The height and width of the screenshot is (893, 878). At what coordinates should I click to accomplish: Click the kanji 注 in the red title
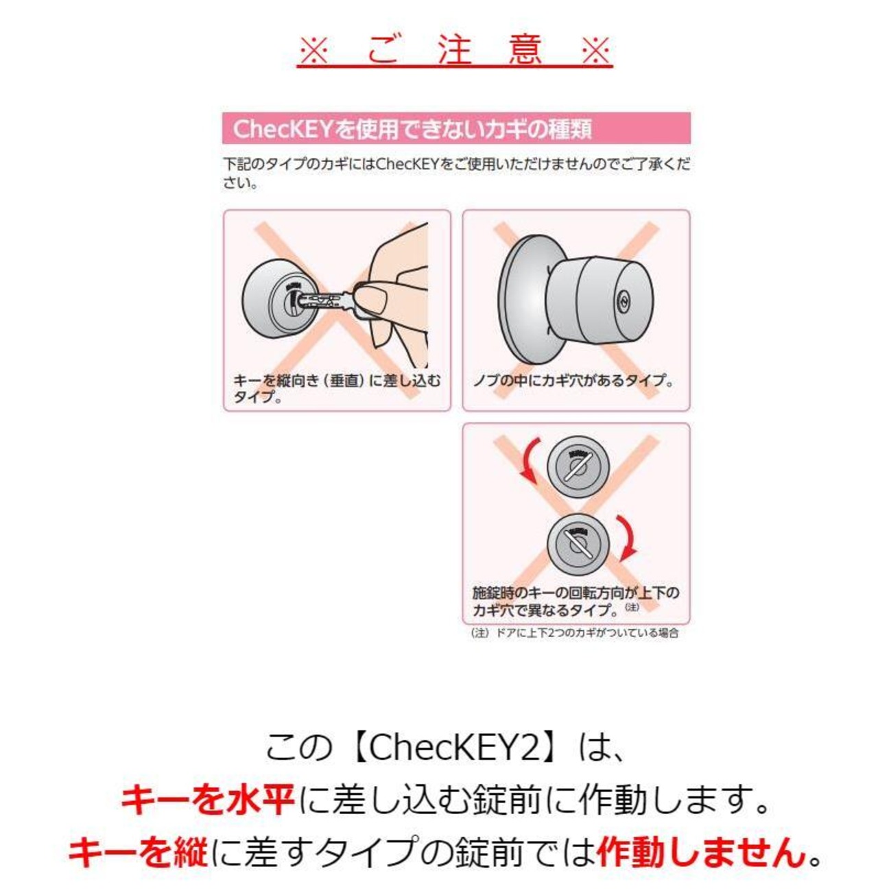(x=455, y=50)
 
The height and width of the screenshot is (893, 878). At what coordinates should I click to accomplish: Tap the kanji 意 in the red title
(x=525, y=50)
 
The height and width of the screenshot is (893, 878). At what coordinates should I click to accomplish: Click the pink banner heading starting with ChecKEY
(x=455, y=128)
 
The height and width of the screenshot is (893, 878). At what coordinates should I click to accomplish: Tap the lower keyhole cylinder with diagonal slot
(x=577, y=544)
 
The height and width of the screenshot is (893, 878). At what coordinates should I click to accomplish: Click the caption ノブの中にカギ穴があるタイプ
(x=573, y=381)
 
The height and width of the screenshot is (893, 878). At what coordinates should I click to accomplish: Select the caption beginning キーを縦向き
(x=337, y=388)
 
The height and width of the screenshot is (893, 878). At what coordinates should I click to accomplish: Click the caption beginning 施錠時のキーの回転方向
(x=576, y=601)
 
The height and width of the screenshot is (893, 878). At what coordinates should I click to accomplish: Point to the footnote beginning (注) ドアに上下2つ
(x=575, y=633)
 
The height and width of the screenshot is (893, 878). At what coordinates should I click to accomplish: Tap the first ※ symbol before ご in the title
(x=314, y=51)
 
